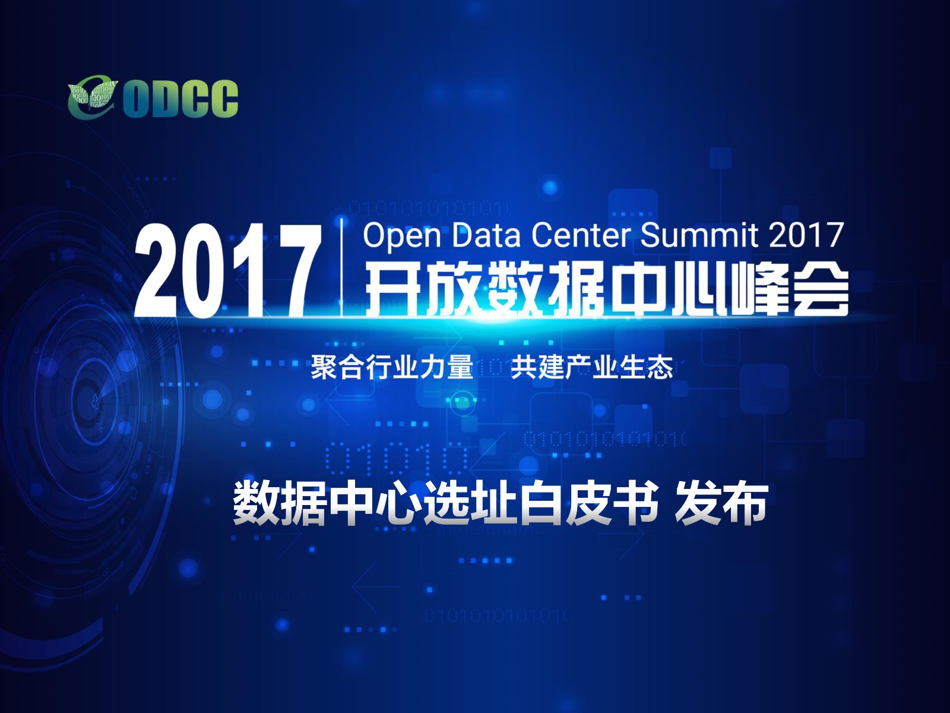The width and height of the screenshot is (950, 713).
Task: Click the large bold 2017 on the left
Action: coord(229,272)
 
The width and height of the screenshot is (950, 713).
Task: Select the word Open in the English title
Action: coord(402,235)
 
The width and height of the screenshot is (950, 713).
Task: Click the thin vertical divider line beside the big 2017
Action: coord(343,268)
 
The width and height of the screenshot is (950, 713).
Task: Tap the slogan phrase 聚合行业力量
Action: coord(392,367)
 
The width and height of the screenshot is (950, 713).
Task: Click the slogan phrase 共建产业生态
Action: coord(591,367)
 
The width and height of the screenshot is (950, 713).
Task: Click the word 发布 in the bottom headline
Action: coord(721,503)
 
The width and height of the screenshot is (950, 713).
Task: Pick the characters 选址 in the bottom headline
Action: coord(470,503)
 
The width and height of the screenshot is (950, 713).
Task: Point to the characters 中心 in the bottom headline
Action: coord(375,503)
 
